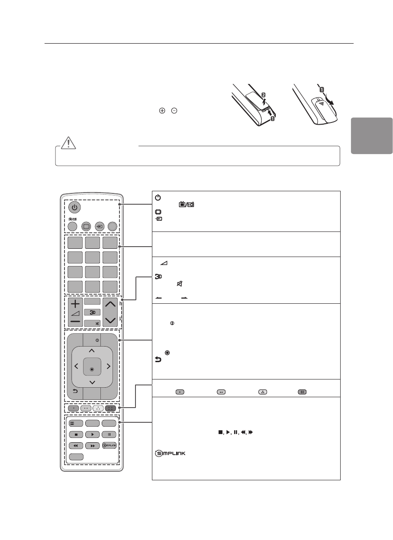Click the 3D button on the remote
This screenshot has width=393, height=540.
pos(92,312)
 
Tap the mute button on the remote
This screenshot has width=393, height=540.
pos(92,323)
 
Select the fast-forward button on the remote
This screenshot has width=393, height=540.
pos(92,445)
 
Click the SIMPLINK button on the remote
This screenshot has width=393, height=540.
pos(109,445)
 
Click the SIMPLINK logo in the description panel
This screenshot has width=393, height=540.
pos(169,453)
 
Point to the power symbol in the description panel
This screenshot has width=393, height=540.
pos(157,196)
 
